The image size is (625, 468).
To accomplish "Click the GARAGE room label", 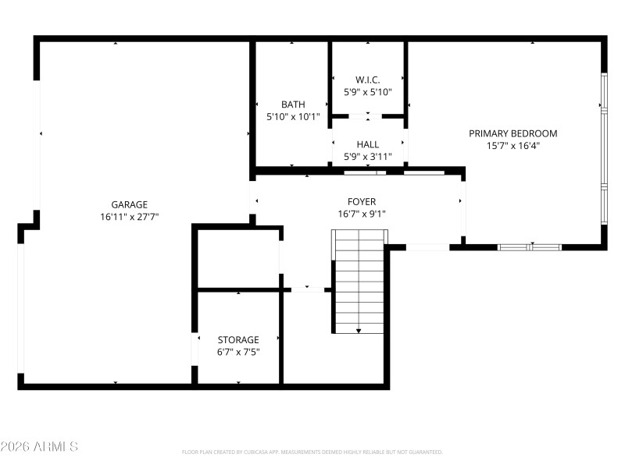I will [x=129, y=204].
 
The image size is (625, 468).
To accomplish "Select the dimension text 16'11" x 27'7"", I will [x=129, y=217].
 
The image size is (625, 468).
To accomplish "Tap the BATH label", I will [x=293, y=105].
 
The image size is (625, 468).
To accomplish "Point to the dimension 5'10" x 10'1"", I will [x=293, y=117].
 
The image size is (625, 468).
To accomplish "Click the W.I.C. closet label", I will [x=367, y=80].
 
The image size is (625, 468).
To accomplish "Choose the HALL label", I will [x=367, y=144].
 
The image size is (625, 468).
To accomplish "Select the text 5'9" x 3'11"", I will [x=367, y=156].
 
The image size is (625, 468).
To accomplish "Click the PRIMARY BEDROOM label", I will [x=512, y=133].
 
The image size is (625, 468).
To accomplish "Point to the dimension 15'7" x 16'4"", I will [x=512, y=145].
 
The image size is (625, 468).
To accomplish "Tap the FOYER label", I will [x=362, y=200].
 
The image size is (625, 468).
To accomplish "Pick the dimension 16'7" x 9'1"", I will [x=362, y=213].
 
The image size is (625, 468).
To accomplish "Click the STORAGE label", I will [x=238, y=340].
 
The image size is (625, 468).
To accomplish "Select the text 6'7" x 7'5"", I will [x=238, y=352].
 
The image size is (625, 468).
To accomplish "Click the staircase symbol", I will [x=359, y=281].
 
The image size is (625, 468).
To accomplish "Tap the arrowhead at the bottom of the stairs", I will [x=359, y=330].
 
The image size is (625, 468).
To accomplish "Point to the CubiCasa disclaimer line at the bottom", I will [x=312, y=452].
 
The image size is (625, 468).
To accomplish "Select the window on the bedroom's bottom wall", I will [x=530, y=247].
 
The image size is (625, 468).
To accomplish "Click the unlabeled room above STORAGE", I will [x=237, y=259].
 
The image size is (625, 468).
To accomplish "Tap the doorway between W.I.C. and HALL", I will [x=367, y=117].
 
